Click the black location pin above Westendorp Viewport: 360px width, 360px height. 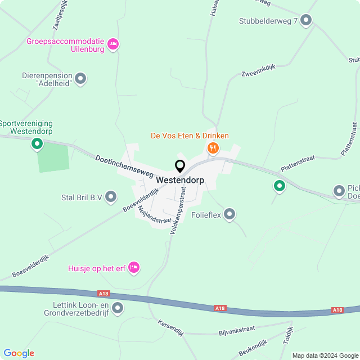tap(180, 166)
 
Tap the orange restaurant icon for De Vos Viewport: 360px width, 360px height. tap(213, 148)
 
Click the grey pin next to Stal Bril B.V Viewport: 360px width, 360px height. tap(111, 197)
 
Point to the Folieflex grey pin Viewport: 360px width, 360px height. tap(229, 214)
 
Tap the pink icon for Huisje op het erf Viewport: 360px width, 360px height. tap(133, 267)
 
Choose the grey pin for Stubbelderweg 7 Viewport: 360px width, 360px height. tap(306, 21)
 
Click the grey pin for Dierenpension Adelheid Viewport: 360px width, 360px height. tap(80, 79)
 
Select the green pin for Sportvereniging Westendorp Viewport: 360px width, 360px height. tap(37, 144)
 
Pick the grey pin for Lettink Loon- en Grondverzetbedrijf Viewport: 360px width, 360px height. tap(118, 308)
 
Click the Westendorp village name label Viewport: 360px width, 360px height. tap(180, 181)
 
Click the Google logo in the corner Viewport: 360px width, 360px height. tap(19, 353)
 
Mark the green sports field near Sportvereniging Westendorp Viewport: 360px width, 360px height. tap(53, 157)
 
